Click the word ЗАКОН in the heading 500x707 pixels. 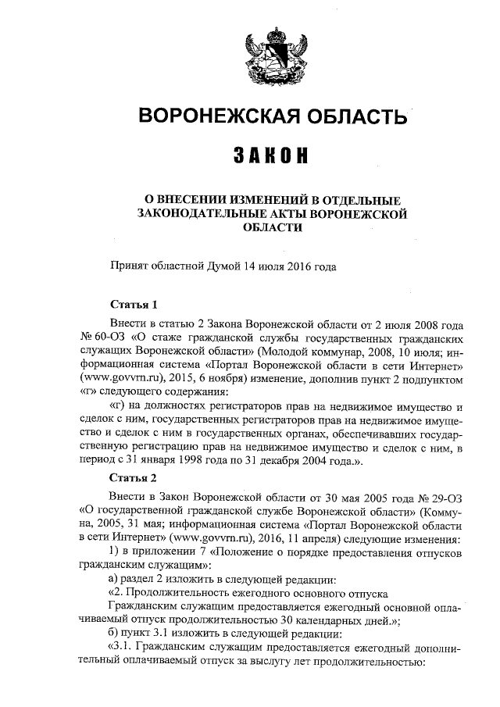(273, 155)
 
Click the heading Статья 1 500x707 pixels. (134, 304)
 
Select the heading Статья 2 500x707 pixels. (134, 477)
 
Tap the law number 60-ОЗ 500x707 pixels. (110, 341)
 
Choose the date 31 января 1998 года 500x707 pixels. (175, 461)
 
